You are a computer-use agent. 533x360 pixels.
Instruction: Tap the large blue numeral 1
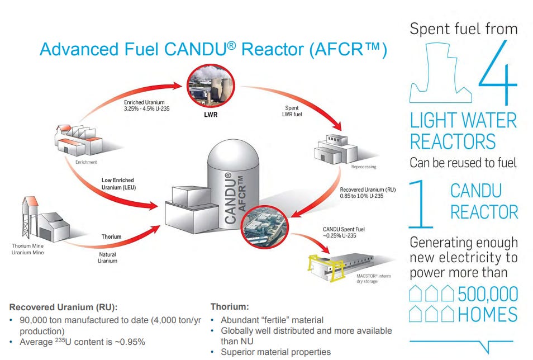click(x=421, y=204)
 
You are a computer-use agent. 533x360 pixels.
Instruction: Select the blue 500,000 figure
click(x=488, y=294)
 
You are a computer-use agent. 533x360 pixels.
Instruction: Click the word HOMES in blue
click(x=488, y=314)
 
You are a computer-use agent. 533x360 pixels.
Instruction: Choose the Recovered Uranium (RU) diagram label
click(x=368, y=193)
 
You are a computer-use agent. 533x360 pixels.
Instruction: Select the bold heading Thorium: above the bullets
click(x=230, y=307)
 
